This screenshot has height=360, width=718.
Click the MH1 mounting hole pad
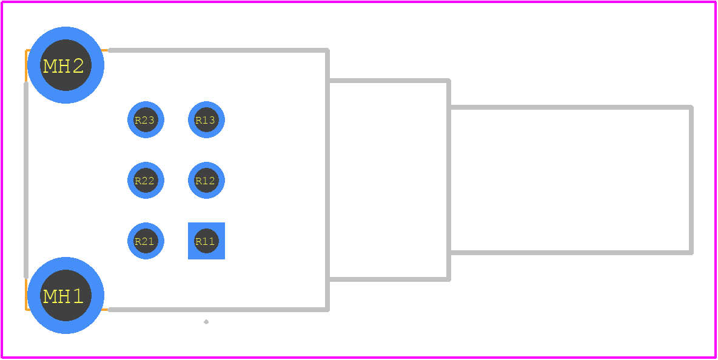point(65,296)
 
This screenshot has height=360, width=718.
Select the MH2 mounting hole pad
point(65,65)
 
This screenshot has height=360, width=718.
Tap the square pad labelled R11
point(207,241)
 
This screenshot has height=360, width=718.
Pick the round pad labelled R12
point(207,180)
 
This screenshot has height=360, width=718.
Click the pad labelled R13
point(207,120)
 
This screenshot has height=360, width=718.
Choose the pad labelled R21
point(146,241)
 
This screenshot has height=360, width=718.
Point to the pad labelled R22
point(146,180)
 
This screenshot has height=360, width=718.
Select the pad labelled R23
point(146,120)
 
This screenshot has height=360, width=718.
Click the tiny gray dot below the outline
point(206,322)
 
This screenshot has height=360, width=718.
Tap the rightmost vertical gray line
point(691,180)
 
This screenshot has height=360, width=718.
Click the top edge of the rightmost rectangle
point(571,107)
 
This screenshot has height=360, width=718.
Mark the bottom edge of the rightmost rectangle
point(571,253)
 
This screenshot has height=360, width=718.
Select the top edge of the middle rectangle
point(389,81)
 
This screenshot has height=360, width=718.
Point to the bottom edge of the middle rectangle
point(389,279)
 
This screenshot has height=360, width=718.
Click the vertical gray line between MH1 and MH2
point(26,180)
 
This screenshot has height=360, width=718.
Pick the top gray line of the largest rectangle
point(218,50)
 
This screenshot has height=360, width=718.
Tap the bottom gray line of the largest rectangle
point(218,310)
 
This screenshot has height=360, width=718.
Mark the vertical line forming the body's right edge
point(327,180)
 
